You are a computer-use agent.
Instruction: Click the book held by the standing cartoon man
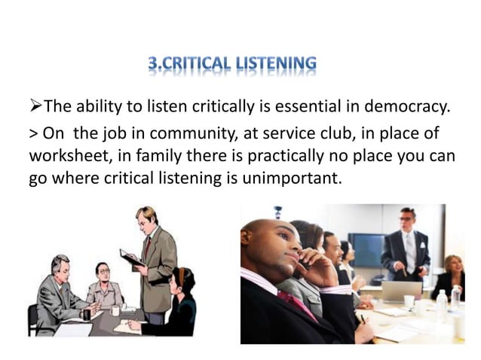click(130, 257)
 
